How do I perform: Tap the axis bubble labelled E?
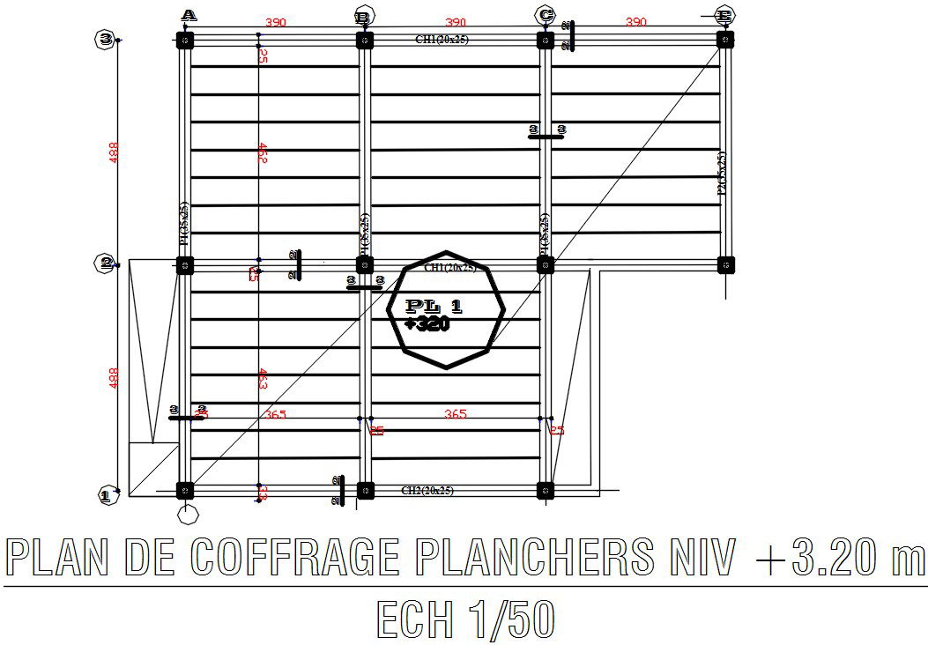coord(724,15)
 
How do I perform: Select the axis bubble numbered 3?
coord(106,39)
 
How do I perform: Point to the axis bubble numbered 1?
coord(106,496)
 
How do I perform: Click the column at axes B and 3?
coord(365,40)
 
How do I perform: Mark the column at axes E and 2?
coord(725,264)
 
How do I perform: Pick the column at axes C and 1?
coord(546,491)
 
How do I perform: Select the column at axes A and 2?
coord(184,264)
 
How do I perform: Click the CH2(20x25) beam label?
coord(427,491)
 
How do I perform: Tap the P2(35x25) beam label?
coord(722,177)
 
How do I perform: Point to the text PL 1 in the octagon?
coord(434,307)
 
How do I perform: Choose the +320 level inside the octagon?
coord(427,324)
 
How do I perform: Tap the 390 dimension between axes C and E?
coord(635,22)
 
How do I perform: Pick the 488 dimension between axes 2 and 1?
coord(113,378)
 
